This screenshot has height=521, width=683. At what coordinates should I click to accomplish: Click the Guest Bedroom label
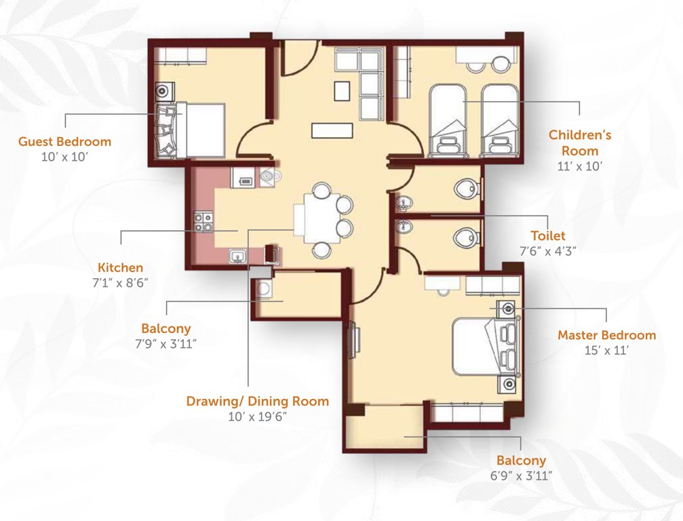64,142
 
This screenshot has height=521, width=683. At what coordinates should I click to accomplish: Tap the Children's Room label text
579,142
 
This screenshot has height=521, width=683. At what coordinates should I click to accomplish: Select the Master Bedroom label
606,334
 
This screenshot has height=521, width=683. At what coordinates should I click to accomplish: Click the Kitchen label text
120,267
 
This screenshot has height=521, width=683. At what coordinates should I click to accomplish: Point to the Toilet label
548,235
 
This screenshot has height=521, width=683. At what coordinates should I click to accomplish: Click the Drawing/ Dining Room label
257,401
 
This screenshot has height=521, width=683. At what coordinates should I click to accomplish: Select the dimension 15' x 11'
606,350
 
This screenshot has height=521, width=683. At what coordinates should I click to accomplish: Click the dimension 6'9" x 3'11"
520,476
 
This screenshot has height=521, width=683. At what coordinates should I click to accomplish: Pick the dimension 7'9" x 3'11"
166,343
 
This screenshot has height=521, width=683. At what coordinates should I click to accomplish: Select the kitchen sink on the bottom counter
237,256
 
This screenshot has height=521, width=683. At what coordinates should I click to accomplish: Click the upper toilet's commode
467,188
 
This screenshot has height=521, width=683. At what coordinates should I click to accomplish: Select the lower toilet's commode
467,237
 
